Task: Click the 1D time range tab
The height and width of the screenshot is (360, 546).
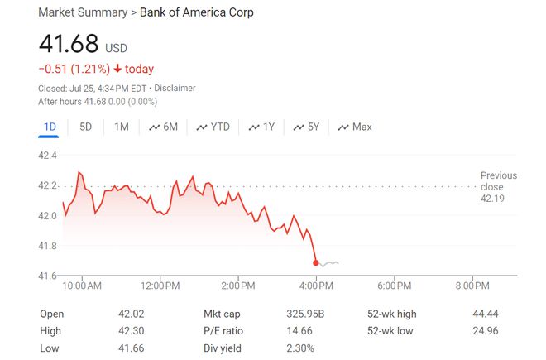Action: pyautogui.click(x=49, y=127)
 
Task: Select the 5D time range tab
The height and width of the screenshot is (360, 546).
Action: pyautogui.click(x=86, y=127)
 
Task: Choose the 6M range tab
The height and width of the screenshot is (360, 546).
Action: pyautogui.click(x=163, y=127)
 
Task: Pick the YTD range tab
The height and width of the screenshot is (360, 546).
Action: pyautogui.click(x=213, y=127)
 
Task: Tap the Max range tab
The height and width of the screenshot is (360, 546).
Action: pyautogui.click(x=354, y=127)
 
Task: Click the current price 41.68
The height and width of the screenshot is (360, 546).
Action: pyautogui.click(x=68, y=44)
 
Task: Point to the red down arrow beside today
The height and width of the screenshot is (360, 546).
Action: pyautogui.click(x=118, y=70)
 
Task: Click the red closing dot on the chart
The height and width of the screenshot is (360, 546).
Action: pyautogui.click(x=316, y=262)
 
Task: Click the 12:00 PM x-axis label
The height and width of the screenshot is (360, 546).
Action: pyautogui.click(x=160, y=286)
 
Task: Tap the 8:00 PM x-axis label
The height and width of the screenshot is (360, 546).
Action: pyautogui.click(x=472, y=286)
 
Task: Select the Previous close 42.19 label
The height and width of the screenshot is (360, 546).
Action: pyautogui.click(x=498, y=187)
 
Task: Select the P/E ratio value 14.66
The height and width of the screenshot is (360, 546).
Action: pyautogui.click(x=299, y=331)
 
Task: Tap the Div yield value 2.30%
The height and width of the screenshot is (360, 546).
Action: pyautogui.click(x=300, y=348)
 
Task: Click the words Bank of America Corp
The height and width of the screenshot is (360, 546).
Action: pyautogui.click(x=197, y=12)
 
